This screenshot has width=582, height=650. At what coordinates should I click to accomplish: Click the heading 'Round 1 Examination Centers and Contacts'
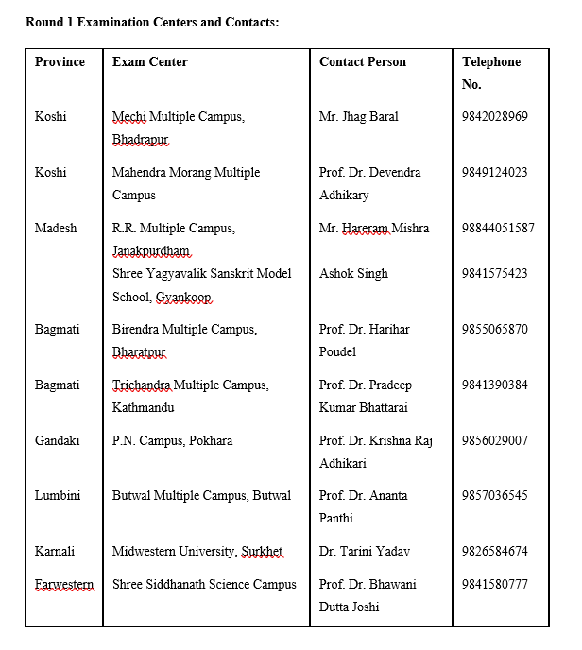click(x=152, y=21)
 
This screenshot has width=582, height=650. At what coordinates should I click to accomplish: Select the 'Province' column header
click(x=60, y=61)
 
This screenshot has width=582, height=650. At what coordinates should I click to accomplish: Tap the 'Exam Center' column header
click(x=149, y=61)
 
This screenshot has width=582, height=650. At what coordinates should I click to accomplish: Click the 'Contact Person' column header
click(x=362, y=61)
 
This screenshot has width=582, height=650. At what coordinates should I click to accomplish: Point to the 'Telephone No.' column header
click(x=490, y=73)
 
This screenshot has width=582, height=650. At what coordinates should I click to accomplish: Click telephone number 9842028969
click(x=494, y=117)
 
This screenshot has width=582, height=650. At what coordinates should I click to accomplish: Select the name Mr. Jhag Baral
click(x=358, y=117)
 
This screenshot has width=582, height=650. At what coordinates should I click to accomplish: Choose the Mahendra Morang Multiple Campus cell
click(x=185, y=183)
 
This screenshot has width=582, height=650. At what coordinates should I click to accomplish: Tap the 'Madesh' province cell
click(x=56, y=228)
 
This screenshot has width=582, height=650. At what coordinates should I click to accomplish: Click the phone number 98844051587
click(x=498, y=228)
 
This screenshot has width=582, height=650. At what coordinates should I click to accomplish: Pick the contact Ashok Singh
click(x=353, y=273)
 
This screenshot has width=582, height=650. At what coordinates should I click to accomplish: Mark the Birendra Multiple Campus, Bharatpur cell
click(x=184, y=340)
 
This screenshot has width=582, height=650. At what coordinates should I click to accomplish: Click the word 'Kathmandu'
click(x=143, y=408)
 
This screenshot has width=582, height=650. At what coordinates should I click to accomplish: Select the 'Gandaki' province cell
click(x=57, y=440)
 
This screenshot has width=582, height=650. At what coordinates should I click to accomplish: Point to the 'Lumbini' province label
click(x=57, y=495)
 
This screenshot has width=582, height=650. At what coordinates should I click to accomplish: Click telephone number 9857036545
click(x=494, y=495)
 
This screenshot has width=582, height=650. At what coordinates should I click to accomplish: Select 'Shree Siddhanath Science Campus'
click(x=204, y=584)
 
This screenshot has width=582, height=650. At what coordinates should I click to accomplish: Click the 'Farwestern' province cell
click(x=63, y=584)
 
